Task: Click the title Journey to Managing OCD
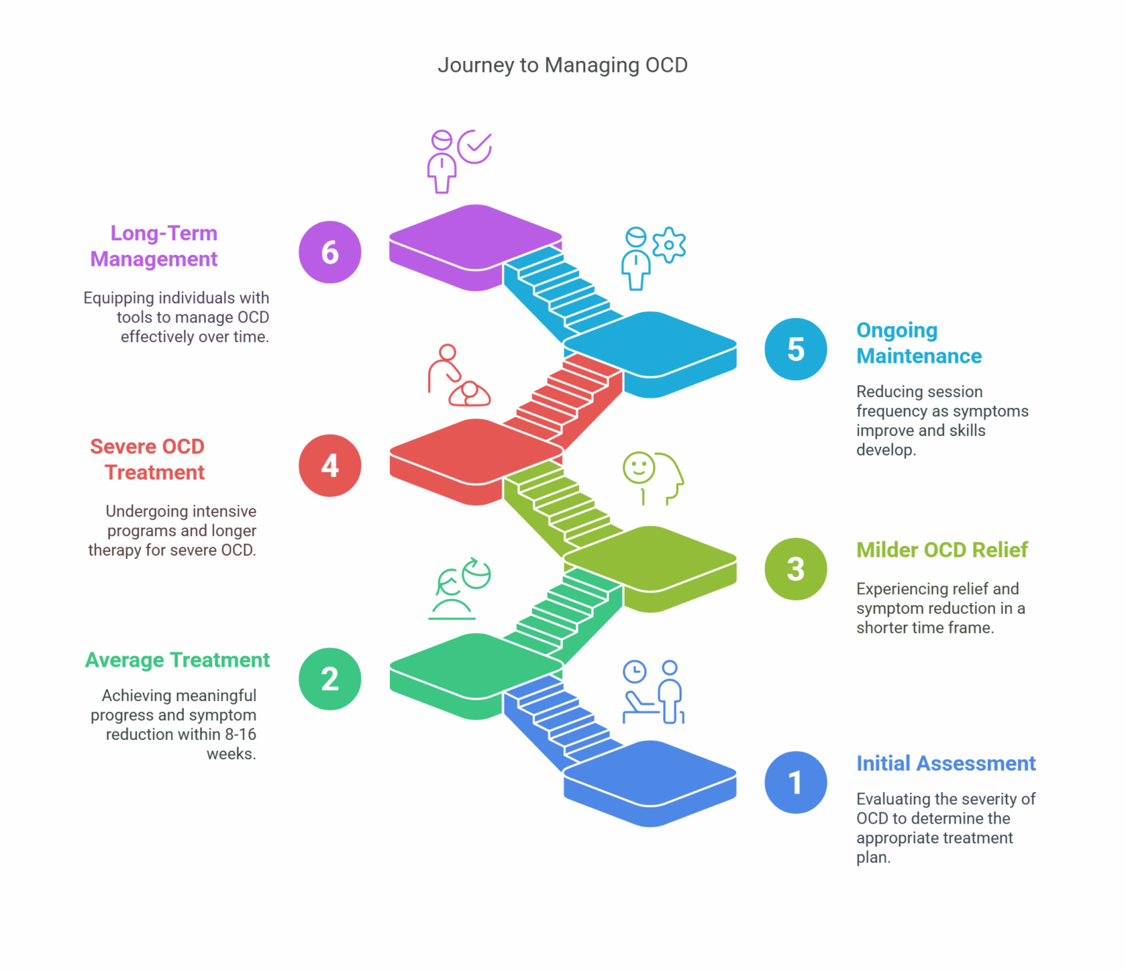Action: point(562,65)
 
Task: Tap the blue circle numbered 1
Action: point(795,782)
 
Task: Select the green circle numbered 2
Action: point(330,679)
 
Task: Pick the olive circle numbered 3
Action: point(795,569)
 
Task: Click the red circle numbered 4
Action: point(330,466)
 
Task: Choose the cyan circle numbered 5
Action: point(795,349)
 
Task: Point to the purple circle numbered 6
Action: point(330,252)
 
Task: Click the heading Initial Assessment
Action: point(946,763)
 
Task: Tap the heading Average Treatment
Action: point(177,660)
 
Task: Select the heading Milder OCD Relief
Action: point(942,550)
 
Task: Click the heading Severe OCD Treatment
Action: point(148,459)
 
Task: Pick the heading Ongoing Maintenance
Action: point(919,343)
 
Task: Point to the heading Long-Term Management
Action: point(155,246)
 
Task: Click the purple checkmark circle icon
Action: point(475,147)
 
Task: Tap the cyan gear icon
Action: point(669,245)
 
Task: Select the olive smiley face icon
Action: point(638,467)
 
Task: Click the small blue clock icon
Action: point(634,671)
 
